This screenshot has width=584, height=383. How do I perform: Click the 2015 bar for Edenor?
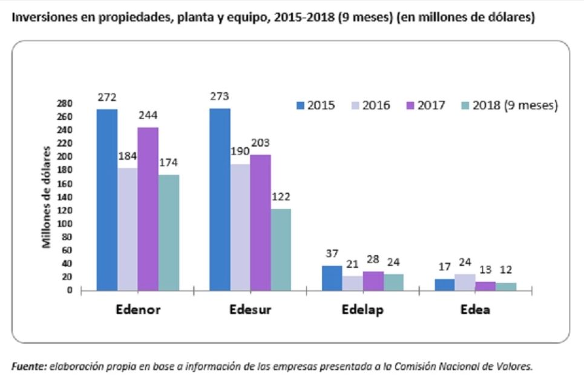[107, 200]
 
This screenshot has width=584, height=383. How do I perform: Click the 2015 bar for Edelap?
[332, 278]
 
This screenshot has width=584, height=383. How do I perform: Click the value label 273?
[220, 96]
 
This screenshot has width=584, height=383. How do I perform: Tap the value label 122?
[281, 196]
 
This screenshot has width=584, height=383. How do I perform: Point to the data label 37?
[332, 253]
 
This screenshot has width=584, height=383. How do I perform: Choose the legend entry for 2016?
[370, 105]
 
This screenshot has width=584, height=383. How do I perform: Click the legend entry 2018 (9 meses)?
[507, 105]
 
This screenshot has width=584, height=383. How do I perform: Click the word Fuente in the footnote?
[28, 366]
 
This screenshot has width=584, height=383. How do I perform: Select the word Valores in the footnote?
[516, 366]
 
